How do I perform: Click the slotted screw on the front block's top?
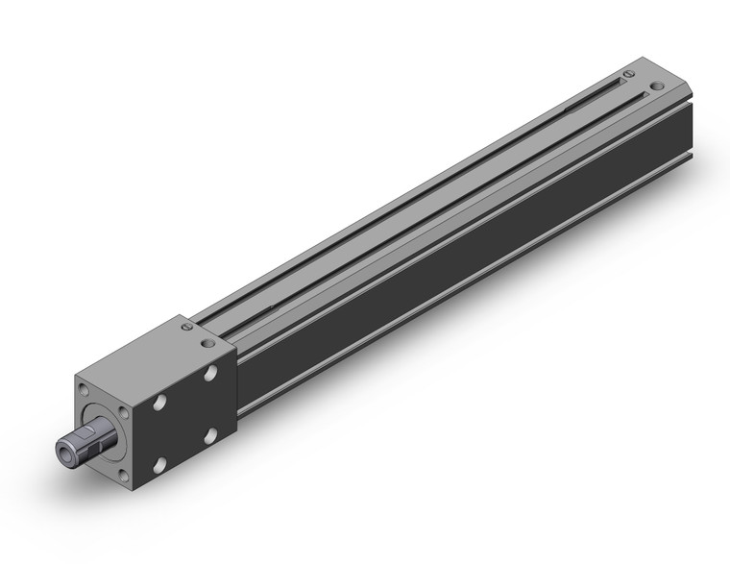tap(185, 329)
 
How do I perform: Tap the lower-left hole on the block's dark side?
tap(161, 462)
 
